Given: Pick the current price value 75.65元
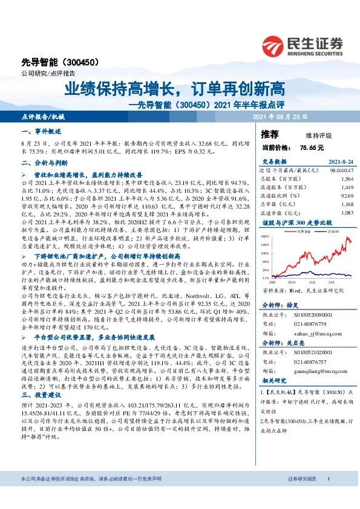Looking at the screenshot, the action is (x=312, y=147).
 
